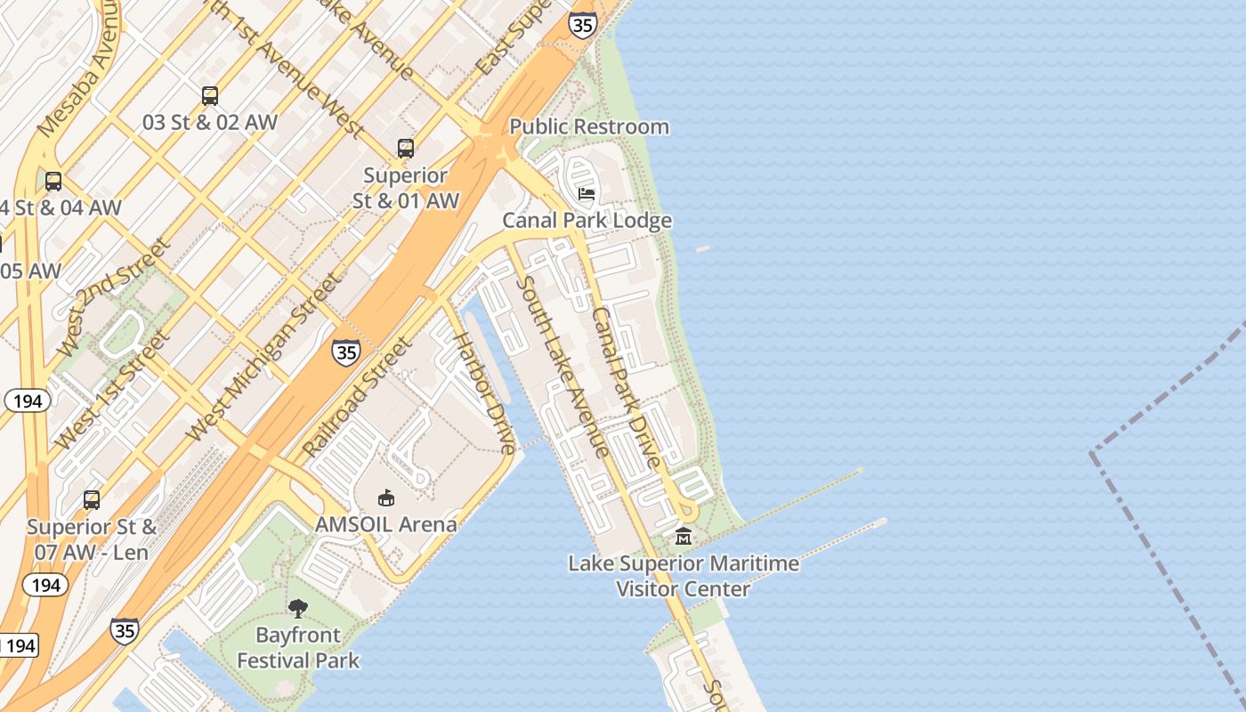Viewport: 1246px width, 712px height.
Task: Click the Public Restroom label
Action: (589, 126)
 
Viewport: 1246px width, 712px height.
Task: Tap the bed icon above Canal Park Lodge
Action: (587, 193)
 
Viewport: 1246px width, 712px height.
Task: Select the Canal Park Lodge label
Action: (587, 220)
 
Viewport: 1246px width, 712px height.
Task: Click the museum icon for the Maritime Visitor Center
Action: (683, 536)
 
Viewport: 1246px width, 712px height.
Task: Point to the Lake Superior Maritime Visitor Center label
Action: (684, 576)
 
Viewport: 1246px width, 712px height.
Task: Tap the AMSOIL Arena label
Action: (386, 524)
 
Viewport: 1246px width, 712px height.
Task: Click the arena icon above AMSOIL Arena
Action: (386, 498)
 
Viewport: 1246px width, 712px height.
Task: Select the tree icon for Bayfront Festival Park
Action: (298, 608)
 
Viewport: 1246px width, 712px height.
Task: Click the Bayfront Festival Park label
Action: (298, 648)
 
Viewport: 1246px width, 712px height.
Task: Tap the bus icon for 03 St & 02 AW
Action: (210, 95)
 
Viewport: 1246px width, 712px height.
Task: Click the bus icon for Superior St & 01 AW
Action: (406, 149)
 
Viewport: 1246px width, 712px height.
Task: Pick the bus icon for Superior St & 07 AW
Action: (92, 500)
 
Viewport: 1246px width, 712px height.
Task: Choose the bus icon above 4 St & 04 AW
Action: (53, 182)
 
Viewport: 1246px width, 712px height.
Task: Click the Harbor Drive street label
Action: (485, 392)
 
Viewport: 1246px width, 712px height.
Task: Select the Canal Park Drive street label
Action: (627, 387)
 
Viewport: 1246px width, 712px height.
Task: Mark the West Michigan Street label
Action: (263, 358)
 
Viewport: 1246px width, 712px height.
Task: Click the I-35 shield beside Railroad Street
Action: (346, 352)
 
